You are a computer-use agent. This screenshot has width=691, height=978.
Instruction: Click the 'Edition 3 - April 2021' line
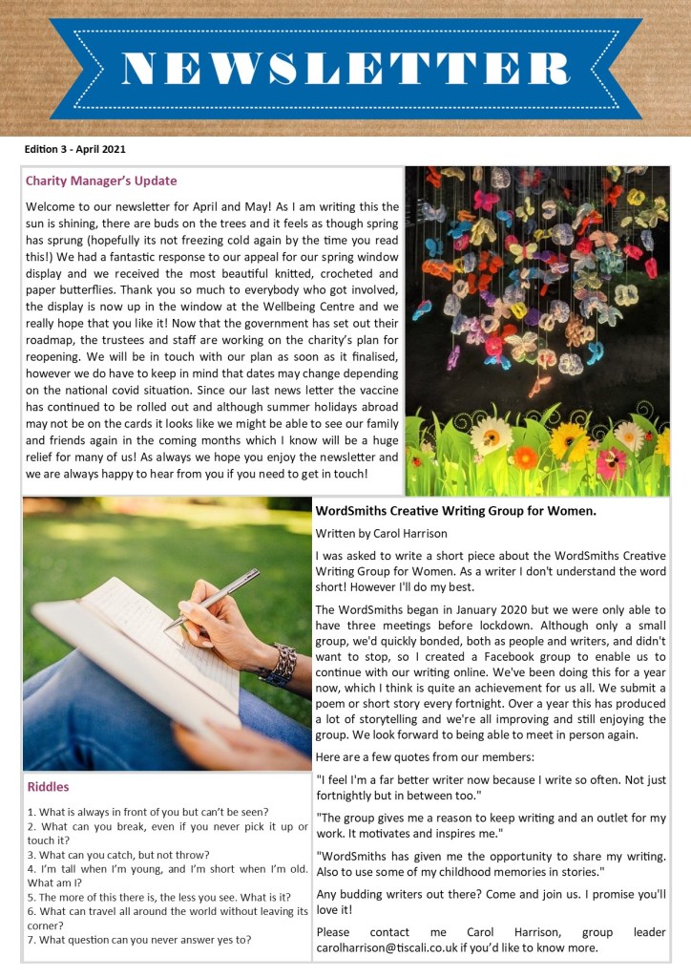[x=75, y=149]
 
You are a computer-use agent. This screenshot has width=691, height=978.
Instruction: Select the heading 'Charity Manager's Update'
[x=101, y=181]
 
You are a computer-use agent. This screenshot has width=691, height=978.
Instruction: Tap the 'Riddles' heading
[x=48, y=787]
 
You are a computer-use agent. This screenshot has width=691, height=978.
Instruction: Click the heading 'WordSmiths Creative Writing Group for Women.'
[x=455, y=511]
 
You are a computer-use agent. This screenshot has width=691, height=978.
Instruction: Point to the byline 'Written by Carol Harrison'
[x=382, y=533]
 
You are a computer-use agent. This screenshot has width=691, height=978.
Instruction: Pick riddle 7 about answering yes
[x=139, y=939]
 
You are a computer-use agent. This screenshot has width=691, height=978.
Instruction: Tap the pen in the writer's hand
[x=212, y=598]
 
